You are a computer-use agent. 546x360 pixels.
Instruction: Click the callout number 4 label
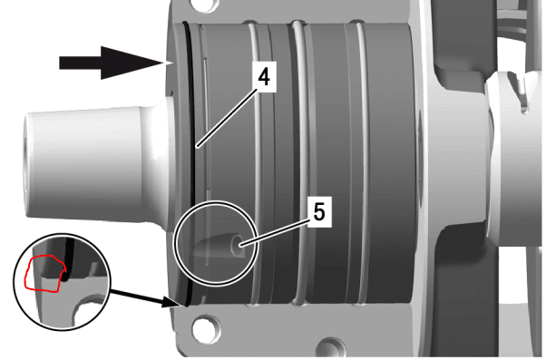(x=264, y=76)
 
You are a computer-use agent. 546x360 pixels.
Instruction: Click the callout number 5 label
(x=319, y=211)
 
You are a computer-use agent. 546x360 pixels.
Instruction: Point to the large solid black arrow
(x=111, y=63)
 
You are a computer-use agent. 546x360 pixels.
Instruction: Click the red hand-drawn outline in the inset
(x=44, y=274)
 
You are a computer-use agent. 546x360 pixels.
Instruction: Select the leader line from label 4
(x=227, y=118)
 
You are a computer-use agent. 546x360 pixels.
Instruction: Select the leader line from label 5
(x=275, y=232)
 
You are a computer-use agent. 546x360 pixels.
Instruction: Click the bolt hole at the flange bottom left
(x=206, y=328)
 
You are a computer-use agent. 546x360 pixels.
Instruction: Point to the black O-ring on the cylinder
(x=190, y=163)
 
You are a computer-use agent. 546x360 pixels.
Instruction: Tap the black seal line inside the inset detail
(x=69, y=258)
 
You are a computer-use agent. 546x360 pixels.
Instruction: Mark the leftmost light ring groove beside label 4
(x=255, y=163)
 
